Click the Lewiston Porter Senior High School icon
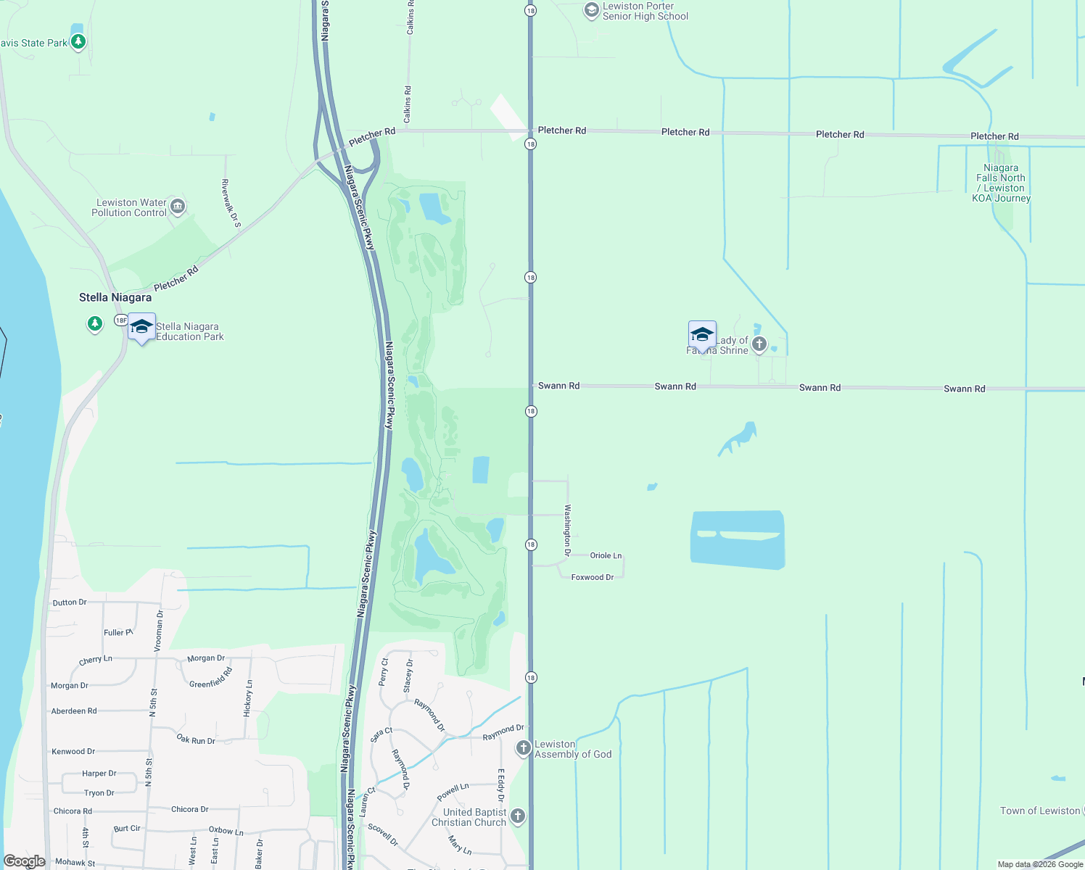[592, 10]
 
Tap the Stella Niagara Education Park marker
[141, 327]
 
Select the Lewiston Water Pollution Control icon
[178, 208]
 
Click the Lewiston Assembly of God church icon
[523, 748]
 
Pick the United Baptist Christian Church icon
[517, 816]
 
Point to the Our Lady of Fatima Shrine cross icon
[759, 344]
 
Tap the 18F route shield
[121, 320]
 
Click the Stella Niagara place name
[115, 297]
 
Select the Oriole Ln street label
[606, 555]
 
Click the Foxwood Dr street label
[592, 577]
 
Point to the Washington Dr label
[568, 530]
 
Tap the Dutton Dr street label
[70, 602]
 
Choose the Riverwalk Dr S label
[231, 203]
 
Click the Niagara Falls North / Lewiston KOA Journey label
[1001, 183]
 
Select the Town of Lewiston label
[1040, 811]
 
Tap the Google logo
[25, 861]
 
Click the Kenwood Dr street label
[73, 751]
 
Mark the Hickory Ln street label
[248, 698]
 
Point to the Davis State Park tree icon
[78, 41]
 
